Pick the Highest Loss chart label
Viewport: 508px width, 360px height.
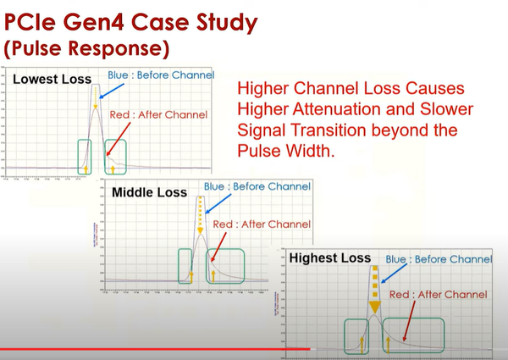pos(329,258)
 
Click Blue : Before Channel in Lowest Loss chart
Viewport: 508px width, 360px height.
pos(161,75)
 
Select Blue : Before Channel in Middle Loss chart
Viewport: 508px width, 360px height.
pos(257,186)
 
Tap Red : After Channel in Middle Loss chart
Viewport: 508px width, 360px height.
pos(262,224)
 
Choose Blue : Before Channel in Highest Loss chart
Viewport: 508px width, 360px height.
pos(439,258)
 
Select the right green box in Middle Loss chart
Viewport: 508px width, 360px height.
pos(224,265)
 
